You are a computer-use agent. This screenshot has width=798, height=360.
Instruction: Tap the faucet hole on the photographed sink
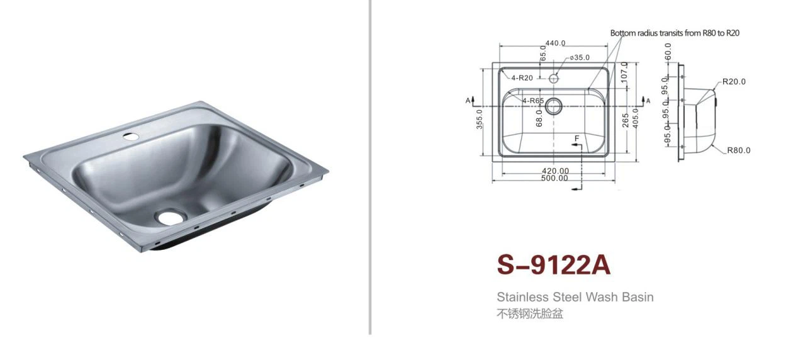[132, 135]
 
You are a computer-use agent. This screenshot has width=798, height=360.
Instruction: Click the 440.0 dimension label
[555, 43]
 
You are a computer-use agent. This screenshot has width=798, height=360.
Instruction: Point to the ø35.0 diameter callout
[579, 58]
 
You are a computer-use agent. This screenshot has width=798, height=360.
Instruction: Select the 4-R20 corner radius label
[522, 78]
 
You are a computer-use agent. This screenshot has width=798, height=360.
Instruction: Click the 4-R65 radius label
[532, 100]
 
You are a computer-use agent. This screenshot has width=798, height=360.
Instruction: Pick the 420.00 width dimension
[556, 171]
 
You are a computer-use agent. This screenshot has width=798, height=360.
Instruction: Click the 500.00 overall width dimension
[554, 178]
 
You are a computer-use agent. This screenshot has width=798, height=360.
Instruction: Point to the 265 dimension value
[626, 120]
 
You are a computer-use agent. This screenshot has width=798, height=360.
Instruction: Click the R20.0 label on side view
[734, 81]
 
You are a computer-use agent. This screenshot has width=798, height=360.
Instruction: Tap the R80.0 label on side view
[738, 150]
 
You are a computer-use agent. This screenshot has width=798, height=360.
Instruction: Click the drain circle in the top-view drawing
[553, 106]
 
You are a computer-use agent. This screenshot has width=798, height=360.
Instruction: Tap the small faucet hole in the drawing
[554, 79]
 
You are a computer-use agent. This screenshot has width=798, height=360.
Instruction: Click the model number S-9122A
[554, 265]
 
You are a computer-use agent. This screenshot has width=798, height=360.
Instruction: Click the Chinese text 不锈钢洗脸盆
[530, 313]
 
